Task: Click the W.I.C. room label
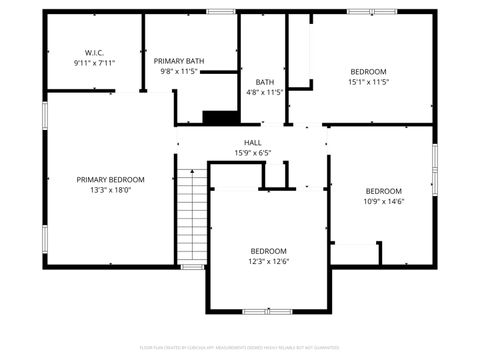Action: (x=95, y=52)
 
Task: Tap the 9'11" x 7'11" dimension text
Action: (x=95, y=63)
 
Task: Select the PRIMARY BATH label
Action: (x=179, y=61)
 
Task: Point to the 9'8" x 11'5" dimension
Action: (x=179, y=72)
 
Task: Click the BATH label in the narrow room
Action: (x=264, y=82)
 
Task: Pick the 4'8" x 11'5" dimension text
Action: (x=264, y=92)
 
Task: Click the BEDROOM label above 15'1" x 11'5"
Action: (x=369, y=71)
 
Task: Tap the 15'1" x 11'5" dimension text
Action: (x=369, y=82)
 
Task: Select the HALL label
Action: (x=253, y=142)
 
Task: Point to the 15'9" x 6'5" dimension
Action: (x=253, y=153)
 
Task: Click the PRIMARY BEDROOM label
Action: (x=111, y=180)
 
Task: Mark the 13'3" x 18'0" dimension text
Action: (x=111, y=190)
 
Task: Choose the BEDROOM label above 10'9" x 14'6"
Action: (x=383, y=191)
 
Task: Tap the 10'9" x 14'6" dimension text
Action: (x=383, y=201)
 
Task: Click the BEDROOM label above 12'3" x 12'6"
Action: (x=268, y=251)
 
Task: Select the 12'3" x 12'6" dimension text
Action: (x=268, y=262)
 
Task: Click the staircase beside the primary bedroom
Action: (x=192, y=216)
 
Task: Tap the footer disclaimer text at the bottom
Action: (x=240, y=347)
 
